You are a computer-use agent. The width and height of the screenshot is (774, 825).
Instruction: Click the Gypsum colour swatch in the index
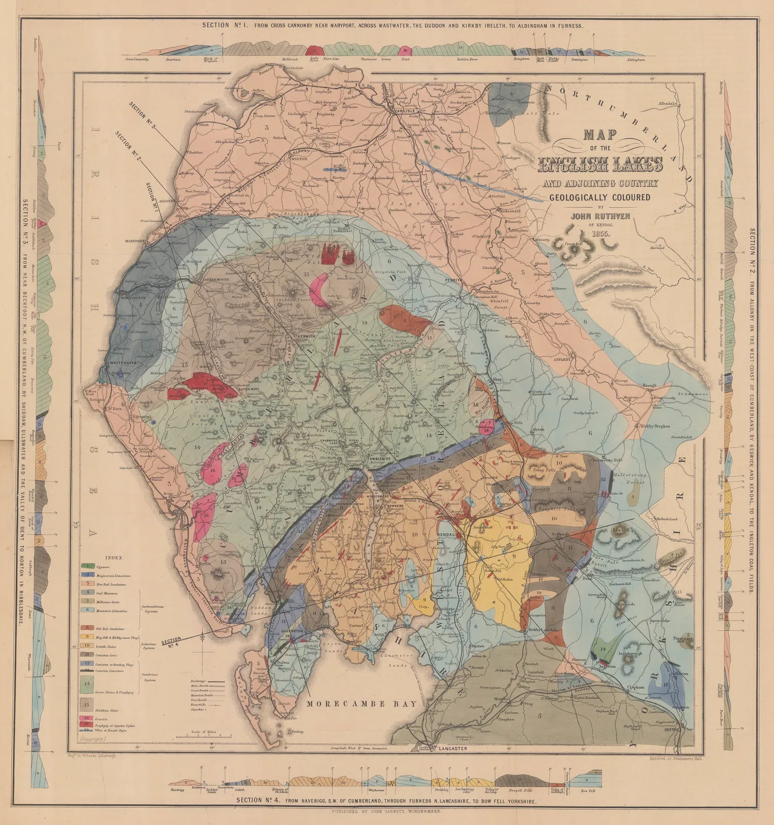coord(87,566)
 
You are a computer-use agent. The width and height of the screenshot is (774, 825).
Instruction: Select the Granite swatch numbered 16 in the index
coord(87,718)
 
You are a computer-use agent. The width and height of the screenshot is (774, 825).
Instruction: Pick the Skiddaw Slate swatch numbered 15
coord(87,704)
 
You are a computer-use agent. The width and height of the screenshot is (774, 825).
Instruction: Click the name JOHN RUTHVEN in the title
coord(600,216)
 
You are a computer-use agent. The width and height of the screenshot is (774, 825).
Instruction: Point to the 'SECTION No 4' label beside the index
coord(171,642)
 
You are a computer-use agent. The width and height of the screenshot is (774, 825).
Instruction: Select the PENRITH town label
coord(455,281)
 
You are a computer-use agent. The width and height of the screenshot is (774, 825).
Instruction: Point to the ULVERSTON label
coord(292,631)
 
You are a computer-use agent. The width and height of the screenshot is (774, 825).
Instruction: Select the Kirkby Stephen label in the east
coord(655,426)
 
